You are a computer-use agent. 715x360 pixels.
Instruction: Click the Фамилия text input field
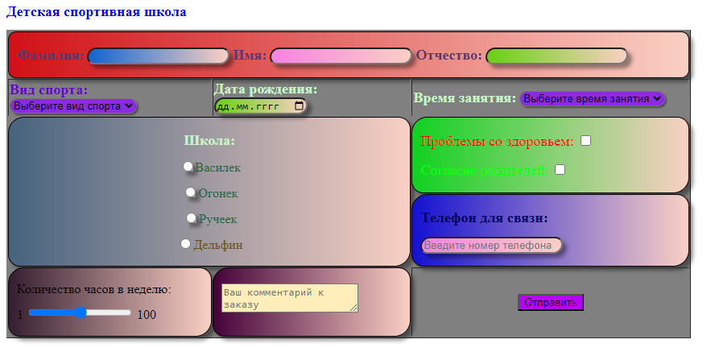[158, 56]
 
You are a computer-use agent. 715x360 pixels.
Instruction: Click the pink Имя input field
[341, 56]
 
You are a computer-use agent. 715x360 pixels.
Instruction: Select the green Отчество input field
[556, 56]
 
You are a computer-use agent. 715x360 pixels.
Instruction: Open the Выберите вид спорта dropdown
[73, 106]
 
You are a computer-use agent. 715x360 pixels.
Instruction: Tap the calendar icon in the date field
[300, 106]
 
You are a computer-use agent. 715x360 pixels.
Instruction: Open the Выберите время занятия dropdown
[593, 98]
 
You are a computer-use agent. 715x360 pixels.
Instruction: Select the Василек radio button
[188, 166]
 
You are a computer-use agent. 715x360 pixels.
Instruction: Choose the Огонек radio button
[191, 192]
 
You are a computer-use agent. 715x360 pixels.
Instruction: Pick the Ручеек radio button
[192, 217]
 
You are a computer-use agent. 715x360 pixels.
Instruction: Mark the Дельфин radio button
[186, 243]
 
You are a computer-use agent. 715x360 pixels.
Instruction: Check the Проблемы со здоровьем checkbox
[586, 141]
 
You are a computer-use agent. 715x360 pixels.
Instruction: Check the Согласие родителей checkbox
[560, 169]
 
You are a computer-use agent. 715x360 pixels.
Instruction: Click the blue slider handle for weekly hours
[81, 312]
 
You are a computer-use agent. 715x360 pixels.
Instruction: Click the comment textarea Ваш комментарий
[289, 297]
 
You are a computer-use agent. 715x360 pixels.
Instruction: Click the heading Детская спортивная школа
[96, 12]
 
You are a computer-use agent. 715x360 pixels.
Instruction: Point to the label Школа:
[209, 140]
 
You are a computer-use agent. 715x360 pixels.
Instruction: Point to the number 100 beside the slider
[147, 314]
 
